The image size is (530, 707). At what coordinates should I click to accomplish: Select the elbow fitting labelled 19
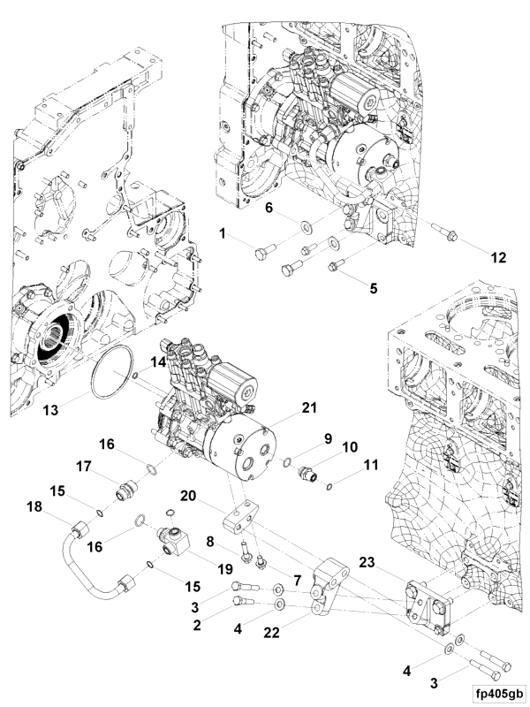point(175,536)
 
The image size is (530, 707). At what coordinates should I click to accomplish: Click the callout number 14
point(157,361)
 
